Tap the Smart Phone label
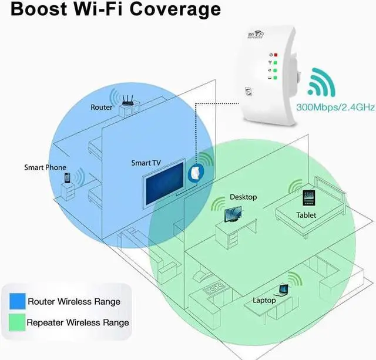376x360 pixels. pos(45,167)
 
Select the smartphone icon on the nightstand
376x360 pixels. pos(68,177)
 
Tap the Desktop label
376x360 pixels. pos(243,197)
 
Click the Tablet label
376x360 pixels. pos(306,216)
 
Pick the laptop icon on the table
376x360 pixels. pos(284,289)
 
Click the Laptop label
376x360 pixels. pos(264,300)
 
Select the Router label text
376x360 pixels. pos(102,107)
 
